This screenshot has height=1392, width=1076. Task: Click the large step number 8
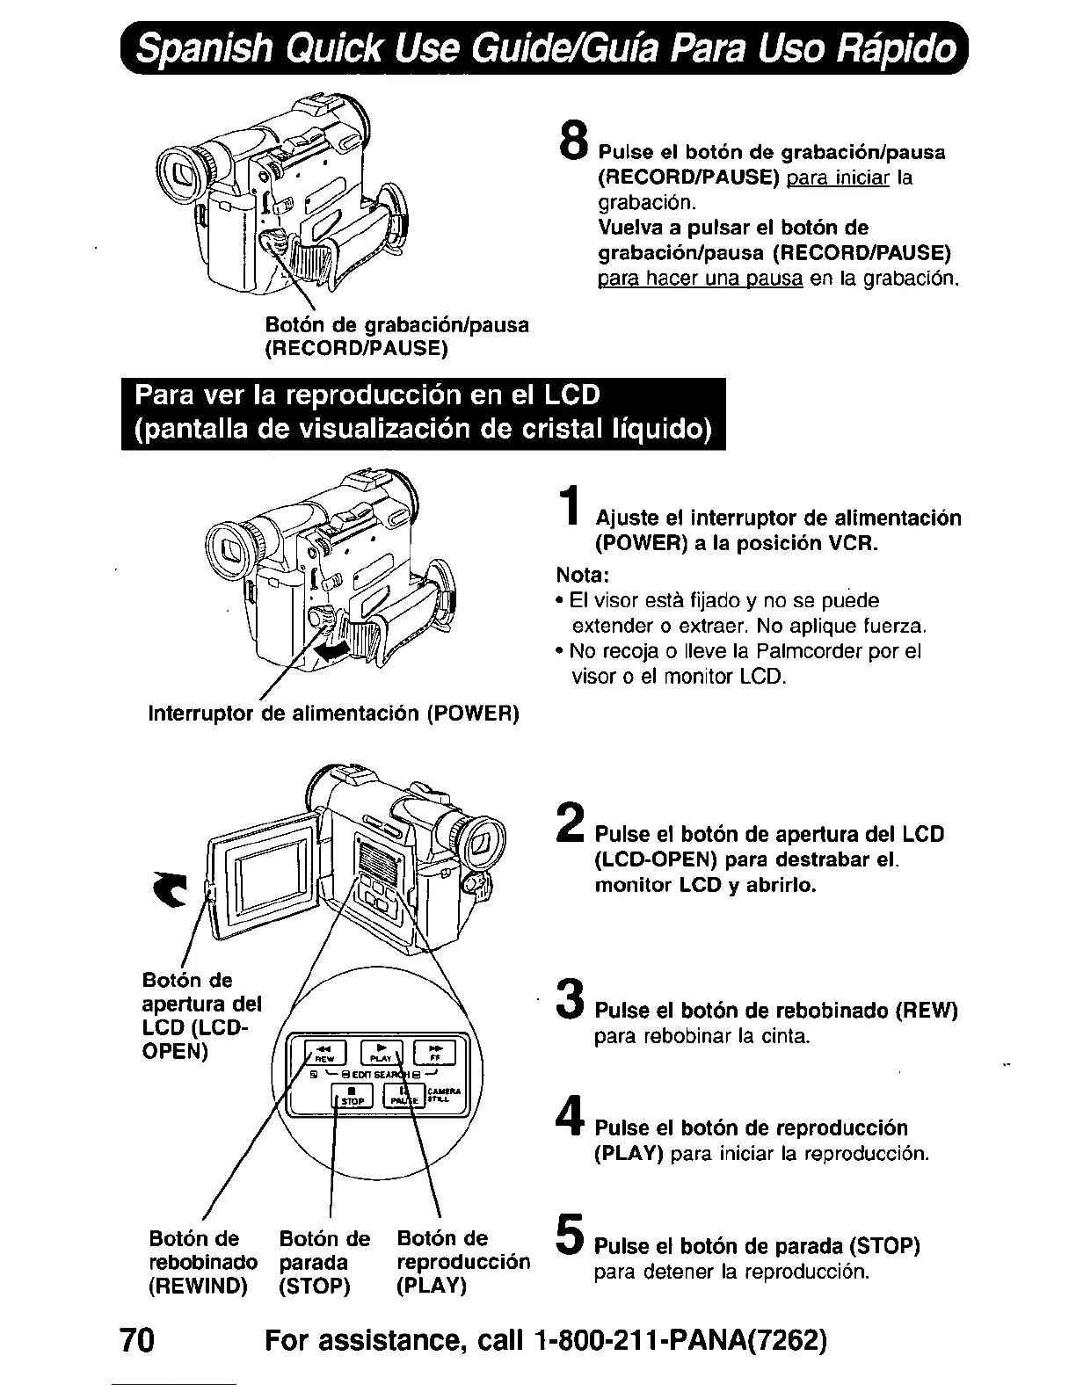click(572, 141)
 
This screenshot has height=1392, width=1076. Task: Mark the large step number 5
click(570, 1235)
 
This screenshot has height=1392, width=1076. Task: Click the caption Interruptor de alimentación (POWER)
click(334, 713)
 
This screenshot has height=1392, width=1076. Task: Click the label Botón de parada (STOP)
click(324, 1263)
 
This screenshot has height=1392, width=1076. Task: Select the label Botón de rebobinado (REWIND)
click(203, 1263)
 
